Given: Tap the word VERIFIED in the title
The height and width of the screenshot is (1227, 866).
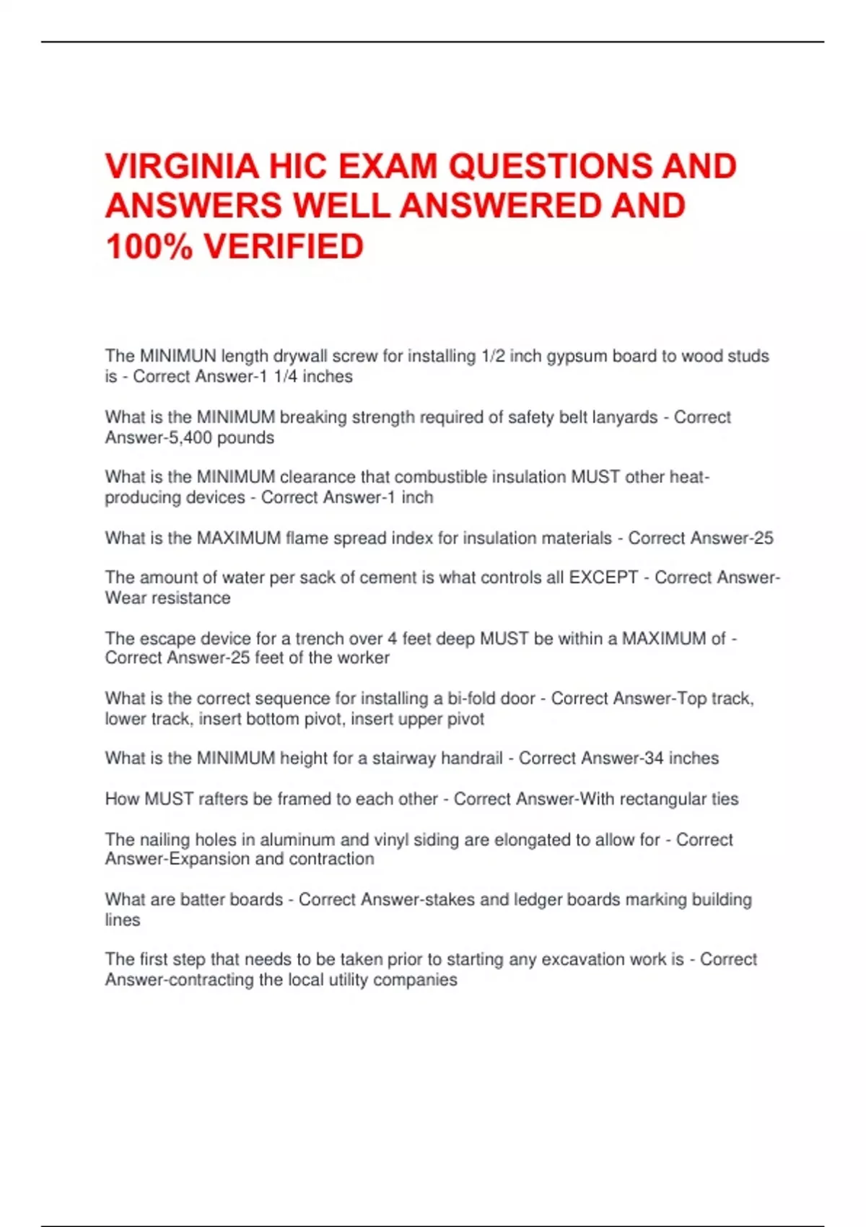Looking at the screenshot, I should click(x=284, y=247).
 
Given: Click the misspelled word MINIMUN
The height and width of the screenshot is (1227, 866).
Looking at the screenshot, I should click(x=178, y=356).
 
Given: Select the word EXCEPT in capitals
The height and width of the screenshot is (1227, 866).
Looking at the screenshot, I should click(x=603, y=577).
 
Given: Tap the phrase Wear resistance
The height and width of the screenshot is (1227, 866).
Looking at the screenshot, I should click(x=167, y=598).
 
